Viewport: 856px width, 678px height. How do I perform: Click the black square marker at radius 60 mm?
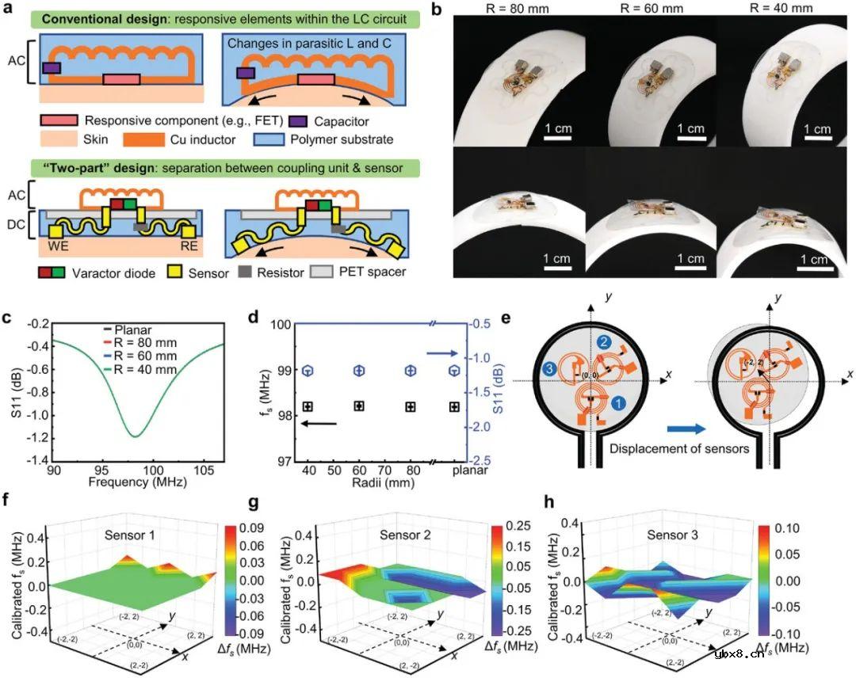click(359, 406)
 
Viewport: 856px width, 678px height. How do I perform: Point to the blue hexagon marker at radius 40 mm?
click(308, 371)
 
